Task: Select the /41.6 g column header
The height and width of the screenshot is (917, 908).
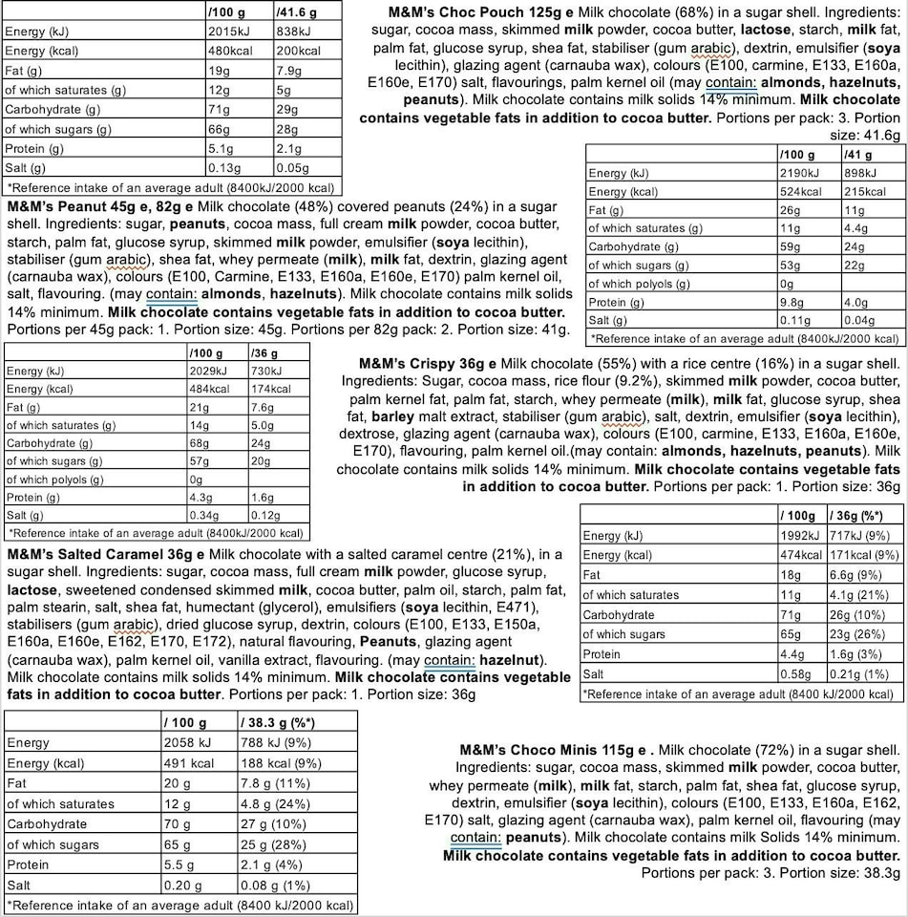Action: click(x=297, y=12)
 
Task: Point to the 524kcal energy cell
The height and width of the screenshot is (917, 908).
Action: click(x=803, y=191)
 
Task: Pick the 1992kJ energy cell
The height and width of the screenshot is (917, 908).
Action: click(x=797, y=536)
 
